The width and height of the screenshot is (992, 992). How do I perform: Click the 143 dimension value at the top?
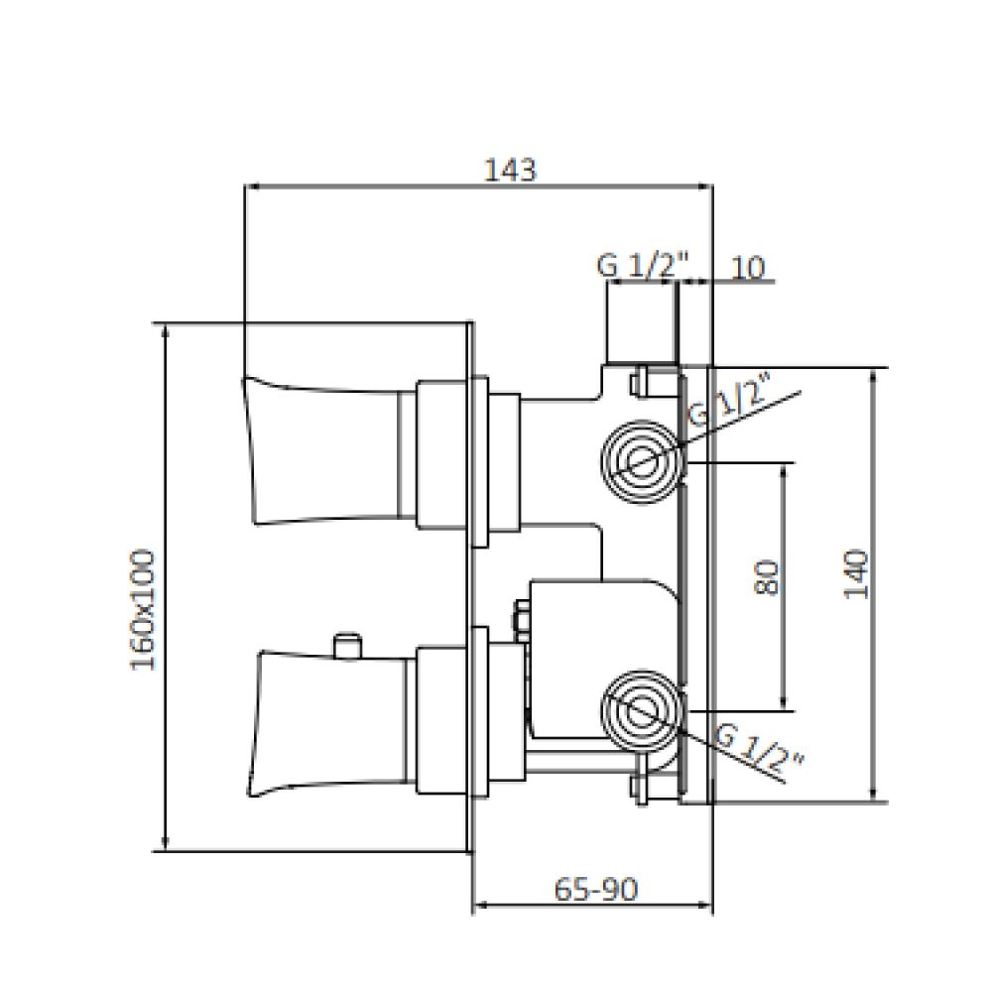[510, 171]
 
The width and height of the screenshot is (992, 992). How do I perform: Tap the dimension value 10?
[747, 268]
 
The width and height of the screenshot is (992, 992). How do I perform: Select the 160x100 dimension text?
[142, 610]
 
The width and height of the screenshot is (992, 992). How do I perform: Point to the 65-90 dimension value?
[596, 890]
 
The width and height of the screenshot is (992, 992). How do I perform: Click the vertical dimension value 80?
[766, 576]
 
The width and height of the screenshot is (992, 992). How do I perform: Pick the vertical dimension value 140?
[856, 575]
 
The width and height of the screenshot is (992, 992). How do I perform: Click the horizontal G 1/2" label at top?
[642, 266]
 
